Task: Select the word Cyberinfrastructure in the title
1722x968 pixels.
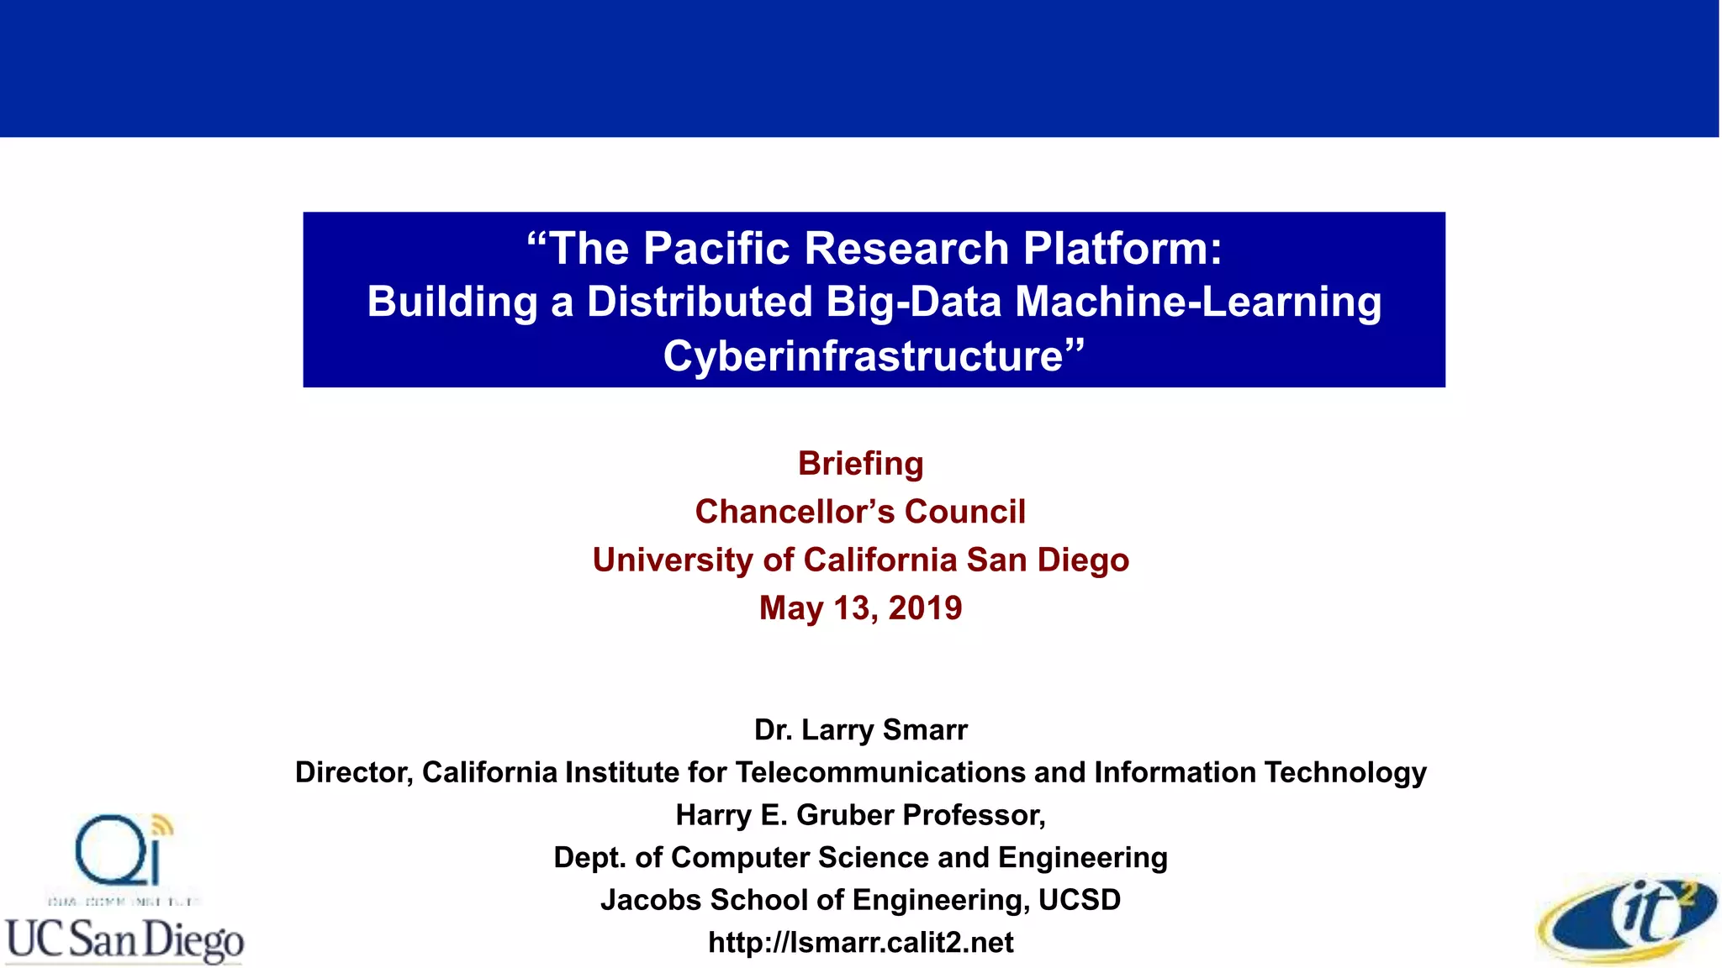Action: pos(864,356)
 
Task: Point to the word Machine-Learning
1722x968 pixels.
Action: pos(1198,302)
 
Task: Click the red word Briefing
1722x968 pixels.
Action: pos(860,464)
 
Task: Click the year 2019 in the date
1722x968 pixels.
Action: pos(925,608)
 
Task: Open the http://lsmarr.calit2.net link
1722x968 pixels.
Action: pos(861,943)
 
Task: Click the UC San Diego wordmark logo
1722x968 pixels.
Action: pos(124,939)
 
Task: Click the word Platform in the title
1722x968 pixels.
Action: pos(1122,249)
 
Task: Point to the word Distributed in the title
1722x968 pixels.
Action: pos(700,302)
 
